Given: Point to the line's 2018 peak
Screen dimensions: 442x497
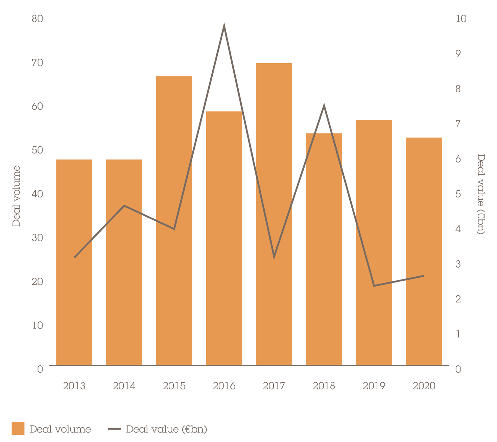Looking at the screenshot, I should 324,106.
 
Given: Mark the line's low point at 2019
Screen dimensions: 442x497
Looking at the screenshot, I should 374,286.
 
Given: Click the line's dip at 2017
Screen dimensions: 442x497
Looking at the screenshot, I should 274,257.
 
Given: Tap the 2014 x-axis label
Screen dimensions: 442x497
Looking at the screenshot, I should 124,386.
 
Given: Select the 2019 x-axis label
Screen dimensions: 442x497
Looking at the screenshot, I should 374,386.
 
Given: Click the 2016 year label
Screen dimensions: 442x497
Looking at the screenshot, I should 224,386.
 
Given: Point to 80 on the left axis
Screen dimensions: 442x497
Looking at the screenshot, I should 38,19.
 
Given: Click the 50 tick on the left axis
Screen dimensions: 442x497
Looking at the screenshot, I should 38,150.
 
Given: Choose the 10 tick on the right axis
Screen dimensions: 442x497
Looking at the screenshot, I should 461,19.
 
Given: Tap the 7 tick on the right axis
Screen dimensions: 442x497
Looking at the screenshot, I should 458,124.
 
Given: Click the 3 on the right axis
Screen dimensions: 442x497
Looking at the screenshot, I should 458,264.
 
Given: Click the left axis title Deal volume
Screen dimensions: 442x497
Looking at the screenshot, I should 16,196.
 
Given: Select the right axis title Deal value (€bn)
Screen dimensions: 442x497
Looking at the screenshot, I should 481,194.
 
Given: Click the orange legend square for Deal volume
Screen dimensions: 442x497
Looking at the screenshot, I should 18,428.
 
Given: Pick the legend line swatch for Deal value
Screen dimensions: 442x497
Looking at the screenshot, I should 115,429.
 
